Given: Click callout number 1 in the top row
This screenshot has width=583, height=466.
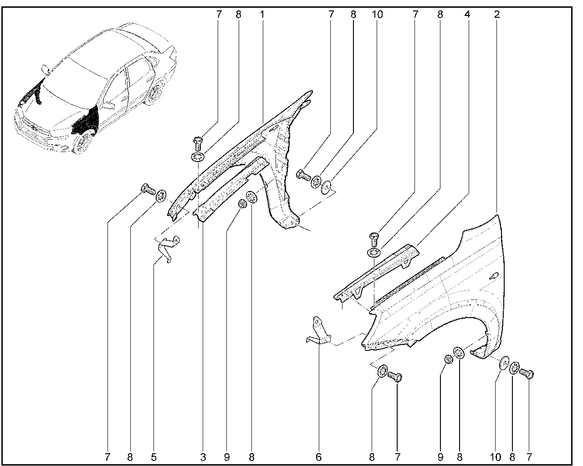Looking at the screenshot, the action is pos(262,15).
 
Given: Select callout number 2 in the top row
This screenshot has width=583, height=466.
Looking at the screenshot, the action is pos(496,15).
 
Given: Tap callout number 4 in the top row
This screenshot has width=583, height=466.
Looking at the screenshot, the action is pos(467,15).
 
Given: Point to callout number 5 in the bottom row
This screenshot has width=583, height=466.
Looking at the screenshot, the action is pos(153,457).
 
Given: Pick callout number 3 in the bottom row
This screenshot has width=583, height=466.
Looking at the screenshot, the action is pos(203,457).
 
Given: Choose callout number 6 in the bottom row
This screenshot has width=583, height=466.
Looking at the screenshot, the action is pos(318,457).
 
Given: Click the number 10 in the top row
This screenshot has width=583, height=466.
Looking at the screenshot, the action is pos(378,15).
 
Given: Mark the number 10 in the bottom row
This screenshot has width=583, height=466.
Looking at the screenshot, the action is pos(496,457).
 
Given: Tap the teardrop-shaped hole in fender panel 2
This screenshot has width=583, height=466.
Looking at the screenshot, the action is pos(494,276).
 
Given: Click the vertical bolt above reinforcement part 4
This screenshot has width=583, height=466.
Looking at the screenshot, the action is pos(373,240).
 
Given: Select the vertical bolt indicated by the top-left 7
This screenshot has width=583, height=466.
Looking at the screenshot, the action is pos(198,144).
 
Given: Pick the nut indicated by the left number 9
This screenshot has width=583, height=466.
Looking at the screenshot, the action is pos(242,203).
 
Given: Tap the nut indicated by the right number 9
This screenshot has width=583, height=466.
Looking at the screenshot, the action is pos(449,360).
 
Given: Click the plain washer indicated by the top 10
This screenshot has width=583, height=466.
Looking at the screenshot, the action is pos(326,187).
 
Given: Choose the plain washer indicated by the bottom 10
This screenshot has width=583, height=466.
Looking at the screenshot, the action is pos(504,363).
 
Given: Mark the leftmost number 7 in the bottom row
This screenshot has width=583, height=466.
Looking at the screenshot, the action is pos(107,457).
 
